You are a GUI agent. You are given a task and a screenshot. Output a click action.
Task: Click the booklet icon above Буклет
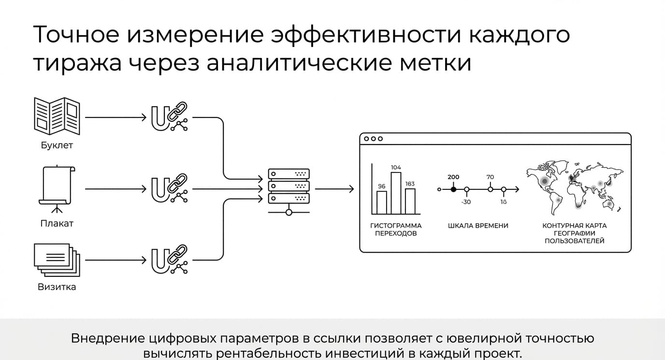point(57,116)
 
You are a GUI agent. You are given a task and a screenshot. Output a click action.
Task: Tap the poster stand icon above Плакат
point(57,189)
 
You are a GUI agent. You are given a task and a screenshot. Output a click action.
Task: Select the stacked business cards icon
point(57,260)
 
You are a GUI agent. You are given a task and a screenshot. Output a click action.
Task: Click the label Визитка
point(57,287)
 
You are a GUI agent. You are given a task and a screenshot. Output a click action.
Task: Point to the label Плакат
point(57,223)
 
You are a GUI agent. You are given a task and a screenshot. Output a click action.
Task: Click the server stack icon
point(289,192)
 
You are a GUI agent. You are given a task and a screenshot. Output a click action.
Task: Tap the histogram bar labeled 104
point(396,193)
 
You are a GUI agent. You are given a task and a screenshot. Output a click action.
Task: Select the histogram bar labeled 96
point(382,202)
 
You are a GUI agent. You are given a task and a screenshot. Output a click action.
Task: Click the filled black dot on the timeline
point(453,189)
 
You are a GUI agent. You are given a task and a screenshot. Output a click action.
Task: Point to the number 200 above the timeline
point(453,177)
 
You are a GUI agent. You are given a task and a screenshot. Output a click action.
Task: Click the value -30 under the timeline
point(466,202)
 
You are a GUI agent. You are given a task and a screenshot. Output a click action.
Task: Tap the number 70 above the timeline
point(490,177)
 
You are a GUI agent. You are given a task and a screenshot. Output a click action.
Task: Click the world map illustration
point(575,187)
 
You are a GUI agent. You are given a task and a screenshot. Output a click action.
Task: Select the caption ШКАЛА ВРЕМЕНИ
point(478,226)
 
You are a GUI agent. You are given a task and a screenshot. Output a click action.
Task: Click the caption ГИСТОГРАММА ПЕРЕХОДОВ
point(396,230)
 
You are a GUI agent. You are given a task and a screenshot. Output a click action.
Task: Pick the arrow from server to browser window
point(334,189)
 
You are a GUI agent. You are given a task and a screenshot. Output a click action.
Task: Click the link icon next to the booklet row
point(170,116)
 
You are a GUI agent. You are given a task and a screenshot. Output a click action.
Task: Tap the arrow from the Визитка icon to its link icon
point(116,260)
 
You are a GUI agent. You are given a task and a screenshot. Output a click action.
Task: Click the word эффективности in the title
point(366,35)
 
